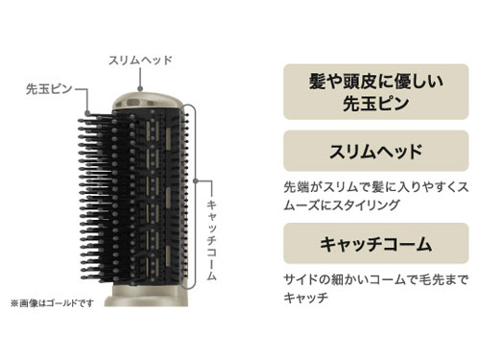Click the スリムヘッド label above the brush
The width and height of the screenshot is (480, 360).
tap(141, 60)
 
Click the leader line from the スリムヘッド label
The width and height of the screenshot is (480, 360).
tap(141, 77)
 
